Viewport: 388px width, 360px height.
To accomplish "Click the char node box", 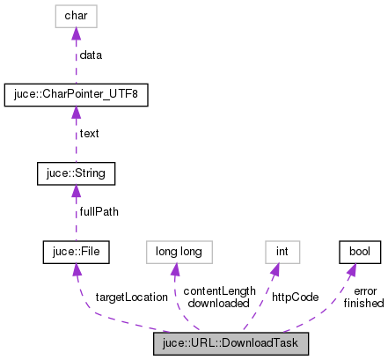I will (77, 15).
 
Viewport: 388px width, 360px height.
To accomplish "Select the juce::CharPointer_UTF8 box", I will (77, 94).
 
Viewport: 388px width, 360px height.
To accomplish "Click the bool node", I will (359, 253).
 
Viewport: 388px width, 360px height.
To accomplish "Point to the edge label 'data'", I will (91, 55).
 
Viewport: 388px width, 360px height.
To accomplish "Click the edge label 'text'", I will (90, 134).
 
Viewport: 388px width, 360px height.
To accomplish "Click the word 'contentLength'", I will (219, 291).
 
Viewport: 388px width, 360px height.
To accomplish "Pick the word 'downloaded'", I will (219, 303).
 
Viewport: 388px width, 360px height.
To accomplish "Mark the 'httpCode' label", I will (296, 298).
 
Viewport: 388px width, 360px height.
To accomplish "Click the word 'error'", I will (364, 291).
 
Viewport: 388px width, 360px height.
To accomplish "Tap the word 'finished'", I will (363, 303).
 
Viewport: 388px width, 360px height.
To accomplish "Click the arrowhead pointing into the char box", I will (77, 33).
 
